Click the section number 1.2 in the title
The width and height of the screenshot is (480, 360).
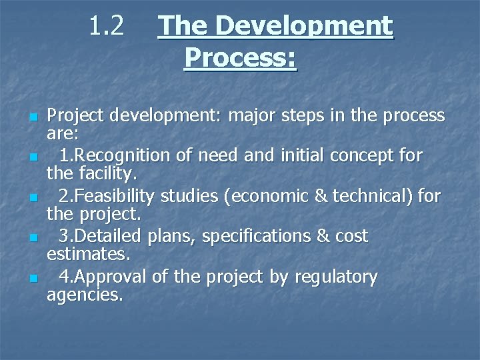tap(107, 26)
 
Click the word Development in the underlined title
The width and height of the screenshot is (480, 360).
tap(305, 27)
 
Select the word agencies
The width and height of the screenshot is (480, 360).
tap(85, 295)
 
